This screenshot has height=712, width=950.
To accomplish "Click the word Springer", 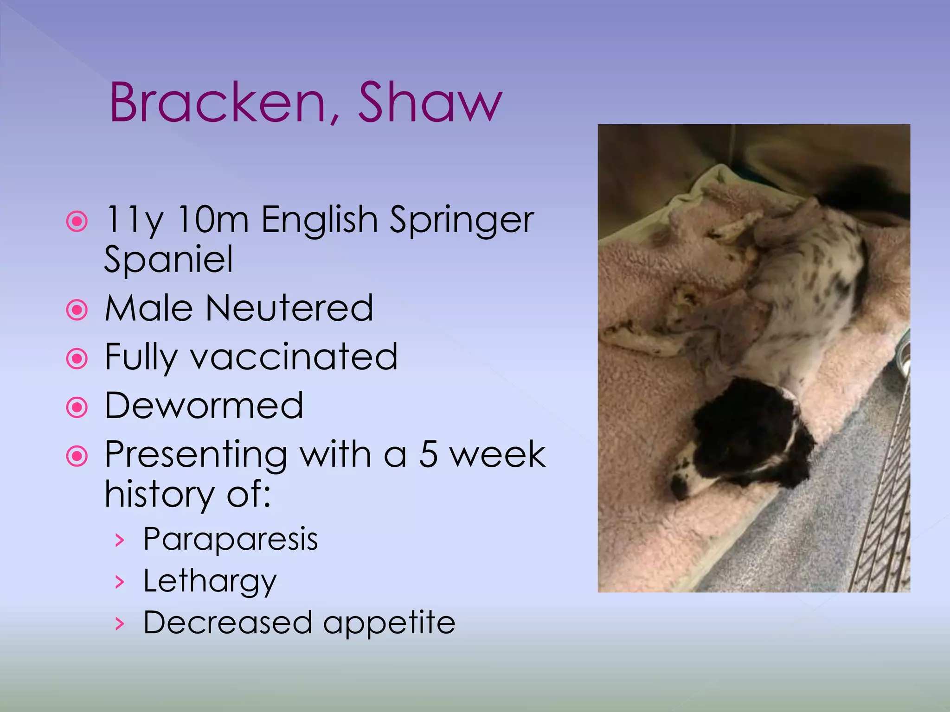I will pos(462,222).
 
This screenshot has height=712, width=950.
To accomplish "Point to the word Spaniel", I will pos(168,260).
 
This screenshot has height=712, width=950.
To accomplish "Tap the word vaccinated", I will pos(294,357).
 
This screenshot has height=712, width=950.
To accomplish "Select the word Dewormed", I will pos(204,406).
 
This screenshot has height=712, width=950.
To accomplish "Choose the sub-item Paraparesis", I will pos(231,540).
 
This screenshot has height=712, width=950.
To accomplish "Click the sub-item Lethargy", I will pos(210,581).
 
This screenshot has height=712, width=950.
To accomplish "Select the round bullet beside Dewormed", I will pos(77,407).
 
